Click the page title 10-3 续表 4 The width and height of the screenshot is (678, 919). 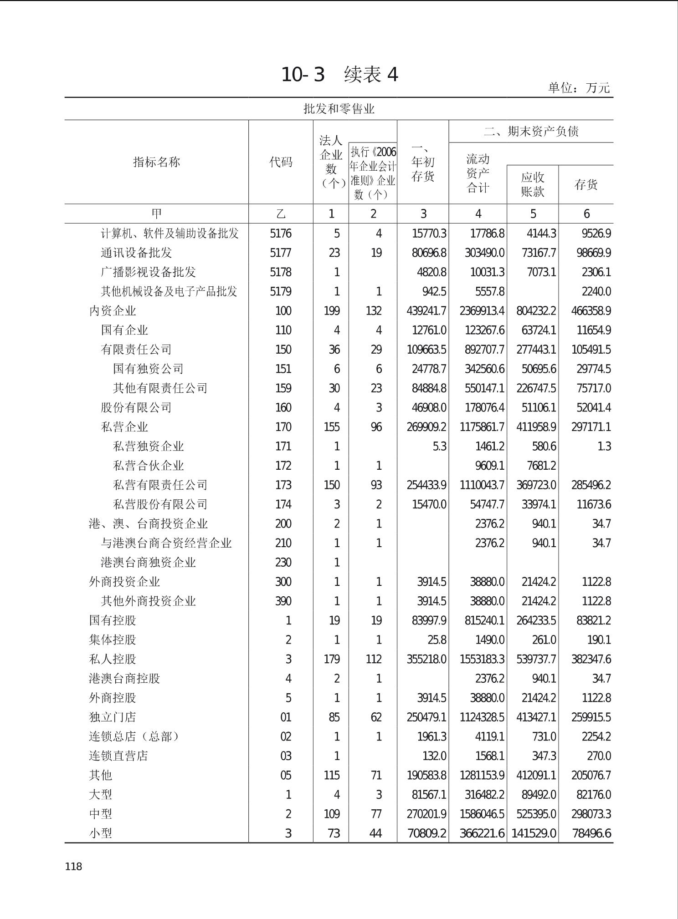[x=339, y=74]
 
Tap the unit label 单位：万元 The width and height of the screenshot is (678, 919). [x=579, y=87]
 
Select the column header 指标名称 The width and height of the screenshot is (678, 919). [x=156, y=162]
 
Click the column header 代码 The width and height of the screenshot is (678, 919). [x=281, y=162]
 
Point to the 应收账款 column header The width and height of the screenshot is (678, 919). [x=533, y=184]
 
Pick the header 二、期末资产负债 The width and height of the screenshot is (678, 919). [x=531, y=132]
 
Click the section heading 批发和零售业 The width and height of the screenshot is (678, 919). [x=339, y=109]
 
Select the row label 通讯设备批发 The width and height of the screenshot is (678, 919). [x=136, y=253]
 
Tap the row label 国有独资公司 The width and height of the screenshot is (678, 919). [x=148, y=369]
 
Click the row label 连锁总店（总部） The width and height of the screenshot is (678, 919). [x=134, y=736]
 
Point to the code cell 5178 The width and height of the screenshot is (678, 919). [x=281, y=272]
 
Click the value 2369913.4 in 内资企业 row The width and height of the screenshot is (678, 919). [x=482, y=311]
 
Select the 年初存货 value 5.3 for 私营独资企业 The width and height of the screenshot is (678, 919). [x=439, y=446]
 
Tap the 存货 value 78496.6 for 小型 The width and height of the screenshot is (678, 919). [x=591, y=833]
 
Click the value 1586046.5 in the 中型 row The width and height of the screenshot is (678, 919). [x=482, y=814]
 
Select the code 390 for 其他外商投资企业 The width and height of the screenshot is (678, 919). [x=283, y=601]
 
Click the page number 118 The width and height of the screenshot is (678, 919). [x=73, y=866]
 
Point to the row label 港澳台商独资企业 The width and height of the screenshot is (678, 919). [x=148, y=562]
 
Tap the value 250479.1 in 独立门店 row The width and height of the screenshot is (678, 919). [x=426, y=717]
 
